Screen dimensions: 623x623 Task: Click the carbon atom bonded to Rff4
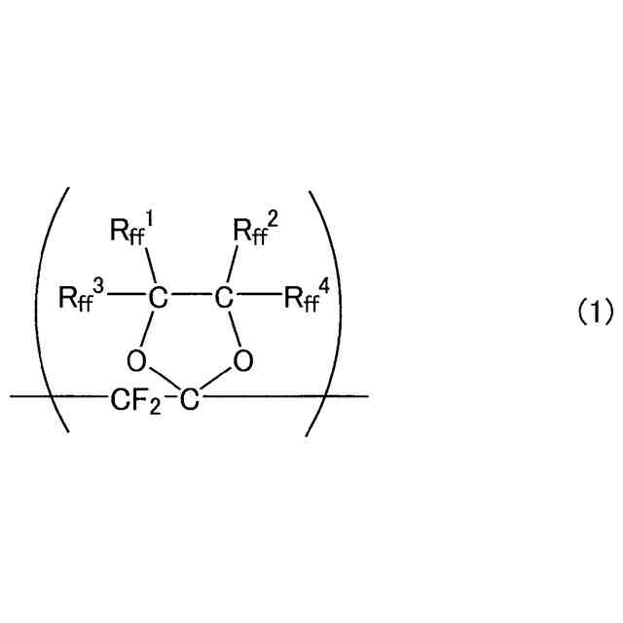click(x=225, y=296)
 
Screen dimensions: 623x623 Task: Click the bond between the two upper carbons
click(x=190, y=296)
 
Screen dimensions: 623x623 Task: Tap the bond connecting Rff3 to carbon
click(x=123, y=296)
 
